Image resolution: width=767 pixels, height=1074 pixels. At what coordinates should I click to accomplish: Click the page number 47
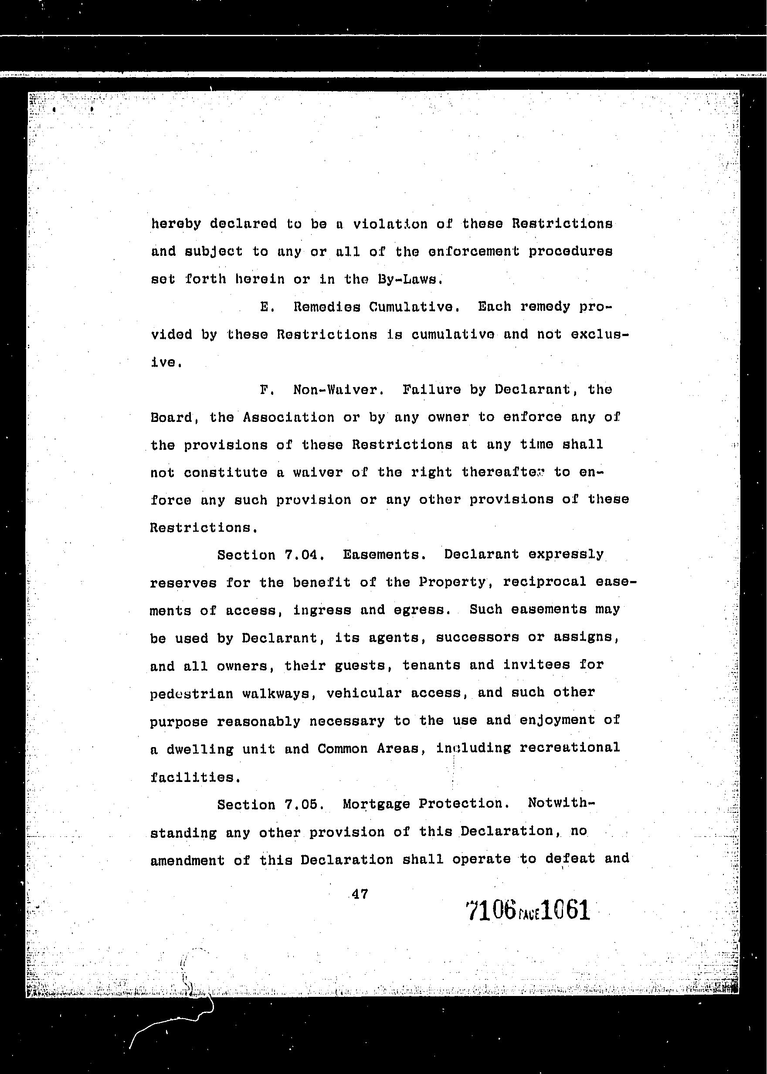360,894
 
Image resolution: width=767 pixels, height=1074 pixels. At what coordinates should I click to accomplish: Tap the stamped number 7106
490,910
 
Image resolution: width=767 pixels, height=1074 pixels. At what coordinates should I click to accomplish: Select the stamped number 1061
566,910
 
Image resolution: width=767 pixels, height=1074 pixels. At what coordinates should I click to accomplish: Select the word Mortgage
376,804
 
